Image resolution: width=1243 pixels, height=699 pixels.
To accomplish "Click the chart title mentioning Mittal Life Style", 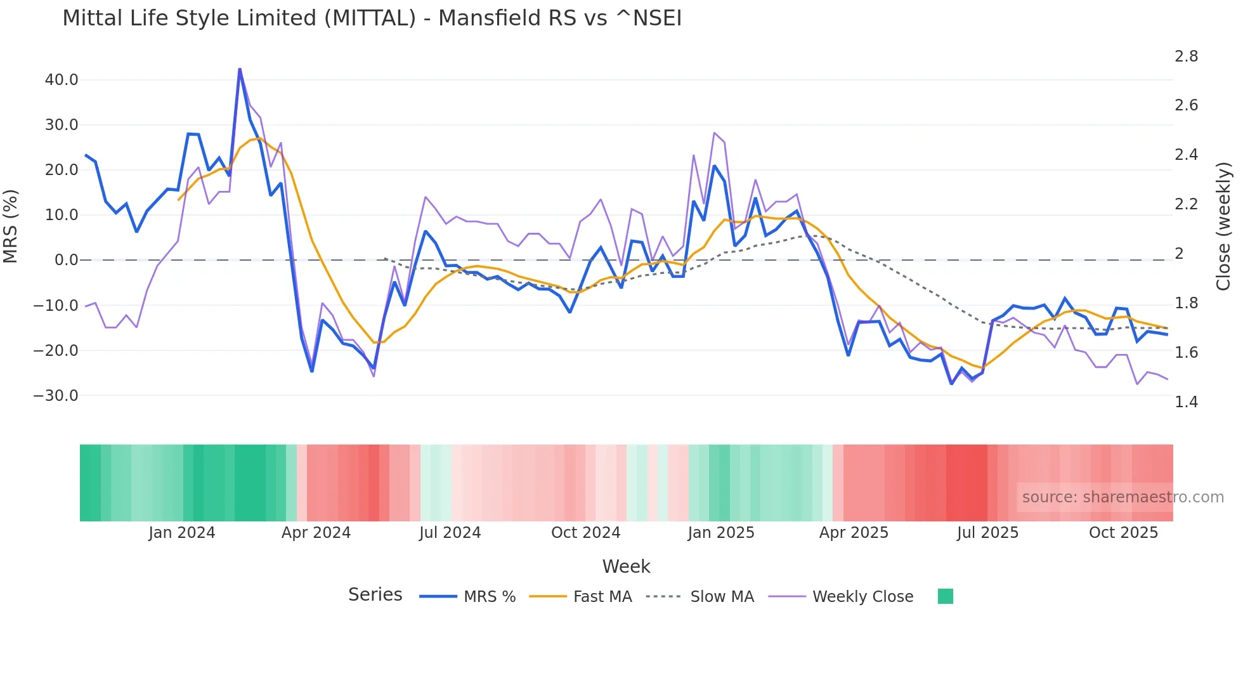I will click(372, 18).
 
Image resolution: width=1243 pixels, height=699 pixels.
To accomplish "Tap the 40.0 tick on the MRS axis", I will click(62, 80).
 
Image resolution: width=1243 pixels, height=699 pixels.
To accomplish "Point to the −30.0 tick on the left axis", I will click(56, 396).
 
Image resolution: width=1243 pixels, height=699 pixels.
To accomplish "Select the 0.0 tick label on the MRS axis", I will click(66, 260).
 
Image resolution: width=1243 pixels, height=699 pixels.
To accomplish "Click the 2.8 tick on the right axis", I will click(1186, 56).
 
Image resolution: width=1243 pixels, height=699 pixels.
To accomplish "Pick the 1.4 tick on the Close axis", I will click(1186, 402).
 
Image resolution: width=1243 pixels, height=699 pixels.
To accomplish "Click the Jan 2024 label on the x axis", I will click(182, 533).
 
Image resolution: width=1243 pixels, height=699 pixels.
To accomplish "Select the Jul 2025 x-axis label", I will click(987, 533).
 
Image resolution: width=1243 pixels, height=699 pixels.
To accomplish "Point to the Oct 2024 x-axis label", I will click(585, 533).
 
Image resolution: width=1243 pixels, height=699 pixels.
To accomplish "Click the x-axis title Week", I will click(626, 566).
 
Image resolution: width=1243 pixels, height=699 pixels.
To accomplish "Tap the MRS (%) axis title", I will click(11, 226).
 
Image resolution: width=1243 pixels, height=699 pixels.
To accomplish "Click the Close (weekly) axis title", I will click(1223, 226).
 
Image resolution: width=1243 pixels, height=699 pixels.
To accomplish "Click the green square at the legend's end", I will click(945, 596).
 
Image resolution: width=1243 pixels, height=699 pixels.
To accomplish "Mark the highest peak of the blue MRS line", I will click(240, 69).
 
